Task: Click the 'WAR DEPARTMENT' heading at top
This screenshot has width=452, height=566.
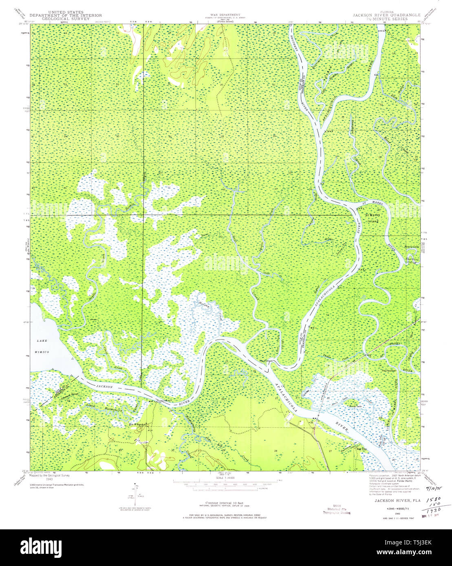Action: pyautogui.click(x=225, y=14)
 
